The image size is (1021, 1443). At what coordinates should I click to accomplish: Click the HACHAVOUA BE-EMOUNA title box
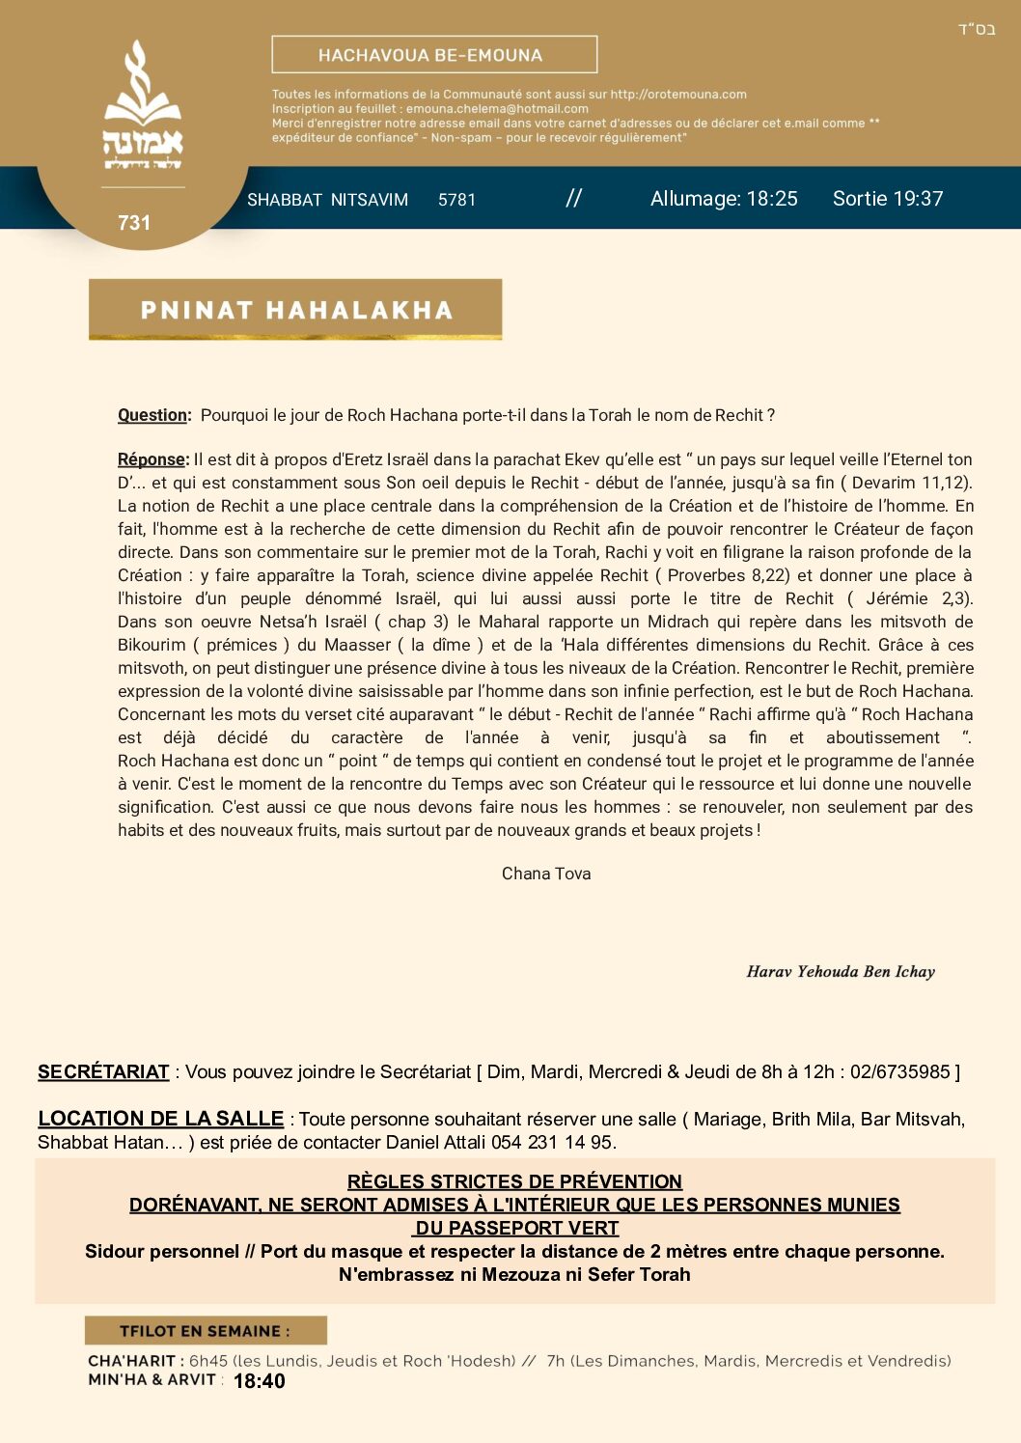pyautogui.click(x=434, y=55)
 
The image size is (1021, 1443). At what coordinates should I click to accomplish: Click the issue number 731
pyautogui.click(x=134, y=223)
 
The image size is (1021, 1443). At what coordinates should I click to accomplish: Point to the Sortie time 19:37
pyautogui.click(x=914, y=199)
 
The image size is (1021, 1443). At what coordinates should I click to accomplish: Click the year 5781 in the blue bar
pyautogui.click(x=456, y=200)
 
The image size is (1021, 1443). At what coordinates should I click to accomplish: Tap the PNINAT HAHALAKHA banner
pyautogui.click(x=295, y=310)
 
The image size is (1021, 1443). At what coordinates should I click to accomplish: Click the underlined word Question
pyautogui.click(x=152, y=415)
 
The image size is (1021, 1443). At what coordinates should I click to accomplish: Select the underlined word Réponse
pyautogui.click(x=152, y=459)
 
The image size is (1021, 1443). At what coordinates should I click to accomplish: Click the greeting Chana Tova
pyautogui.click(x=546, y=874)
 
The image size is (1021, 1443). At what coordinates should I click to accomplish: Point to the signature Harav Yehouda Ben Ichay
pyautogui.click(x=841, y=972)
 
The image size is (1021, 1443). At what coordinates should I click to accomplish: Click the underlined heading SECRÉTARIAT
pyautogui.click(x=103, y=1071)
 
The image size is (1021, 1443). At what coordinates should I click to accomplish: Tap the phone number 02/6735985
pyautogui.click(x=900, y=1071)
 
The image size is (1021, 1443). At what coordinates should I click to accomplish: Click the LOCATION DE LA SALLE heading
pyautogui.click(x=160, y=1119)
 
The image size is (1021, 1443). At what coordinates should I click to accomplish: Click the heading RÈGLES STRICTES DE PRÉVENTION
pyautogui.click(x=514, y=1181)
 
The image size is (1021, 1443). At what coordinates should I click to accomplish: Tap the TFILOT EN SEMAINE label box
pyautogui.click(x=206, y=1331)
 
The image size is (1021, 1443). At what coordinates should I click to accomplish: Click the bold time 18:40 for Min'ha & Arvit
pyautogui.click(x=260, y=1381)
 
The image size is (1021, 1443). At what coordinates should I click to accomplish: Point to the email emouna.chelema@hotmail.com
pyautogui.click(x=497, y=109)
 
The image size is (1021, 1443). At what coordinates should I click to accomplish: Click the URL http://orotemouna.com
pyautogui.click(x=678, y=95)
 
